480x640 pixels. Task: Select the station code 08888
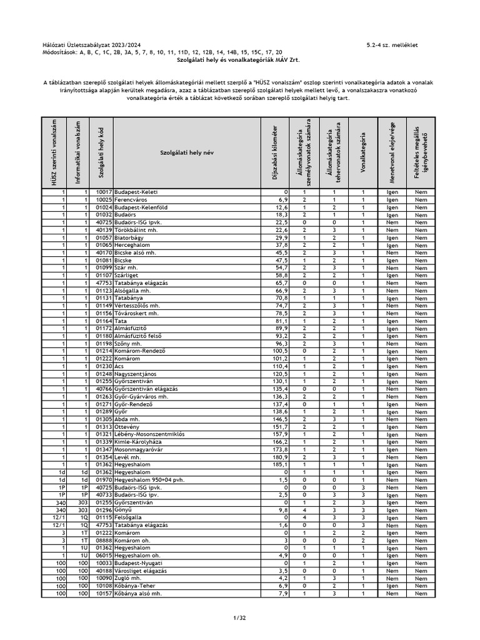coord(103,541)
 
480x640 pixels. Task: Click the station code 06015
coord(103,556)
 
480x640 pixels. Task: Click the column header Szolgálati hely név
coord(187,152)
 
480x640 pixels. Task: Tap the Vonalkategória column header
coord(362,152)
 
